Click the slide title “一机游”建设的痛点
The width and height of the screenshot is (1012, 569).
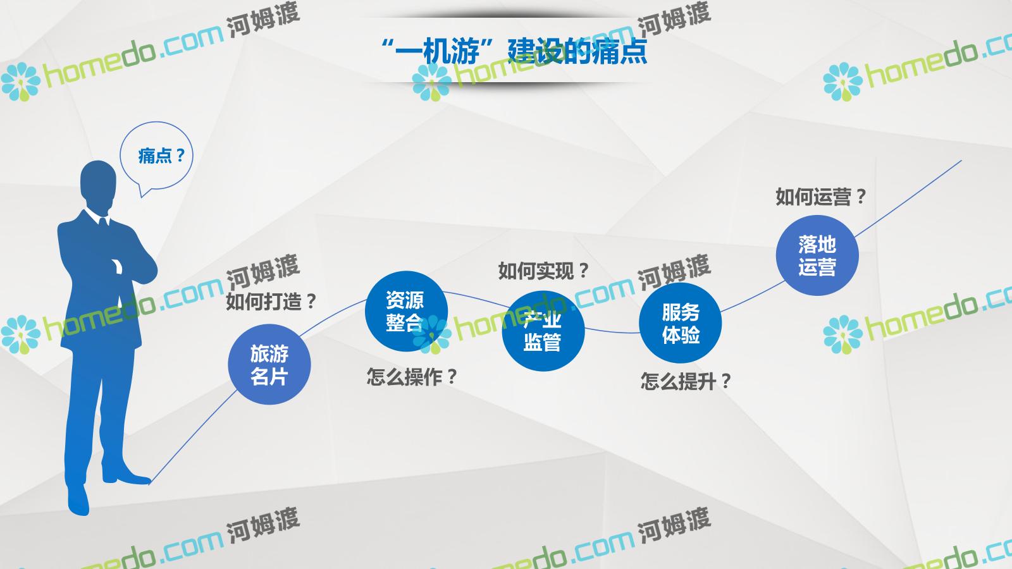pos(514,51)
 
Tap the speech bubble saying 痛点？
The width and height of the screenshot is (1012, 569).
pos(156,156)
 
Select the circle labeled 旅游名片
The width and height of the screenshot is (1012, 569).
pos(269,364)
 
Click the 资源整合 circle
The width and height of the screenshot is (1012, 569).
pos(406,311)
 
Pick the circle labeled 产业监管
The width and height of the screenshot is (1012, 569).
pos(543,331)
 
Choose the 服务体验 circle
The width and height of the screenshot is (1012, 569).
pos(681,323)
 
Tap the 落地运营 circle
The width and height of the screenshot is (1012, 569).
pos(817,255)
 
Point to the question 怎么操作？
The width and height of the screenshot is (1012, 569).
pos(412,377)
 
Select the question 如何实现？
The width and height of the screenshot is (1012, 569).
pos(543,271)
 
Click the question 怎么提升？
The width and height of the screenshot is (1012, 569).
pos(686,381)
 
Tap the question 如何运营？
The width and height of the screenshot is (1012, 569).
pos(821,197)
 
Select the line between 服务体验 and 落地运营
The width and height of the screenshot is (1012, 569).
pos(753,297)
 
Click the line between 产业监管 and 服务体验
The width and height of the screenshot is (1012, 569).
pos(612,332)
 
